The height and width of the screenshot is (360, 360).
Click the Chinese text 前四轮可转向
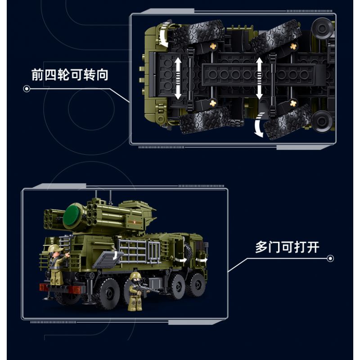[x=70, y=75]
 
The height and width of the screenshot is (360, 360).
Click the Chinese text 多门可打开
[x=287, y=247]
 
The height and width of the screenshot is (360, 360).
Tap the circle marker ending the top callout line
[x=27, y=89]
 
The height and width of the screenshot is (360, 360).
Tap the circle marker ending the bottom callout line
[x=331, y=259]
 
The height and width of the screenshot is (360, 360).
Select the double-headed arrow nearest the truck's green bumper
[x=178, y=77]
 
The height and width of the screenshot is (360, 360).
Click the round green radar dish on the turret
[x=75, y=214]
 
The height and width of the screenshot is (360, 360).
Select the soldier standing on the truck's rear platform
[x=54, y=265]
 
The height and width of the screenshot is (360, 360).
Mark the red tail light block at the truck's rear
[x=44, y=288]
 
